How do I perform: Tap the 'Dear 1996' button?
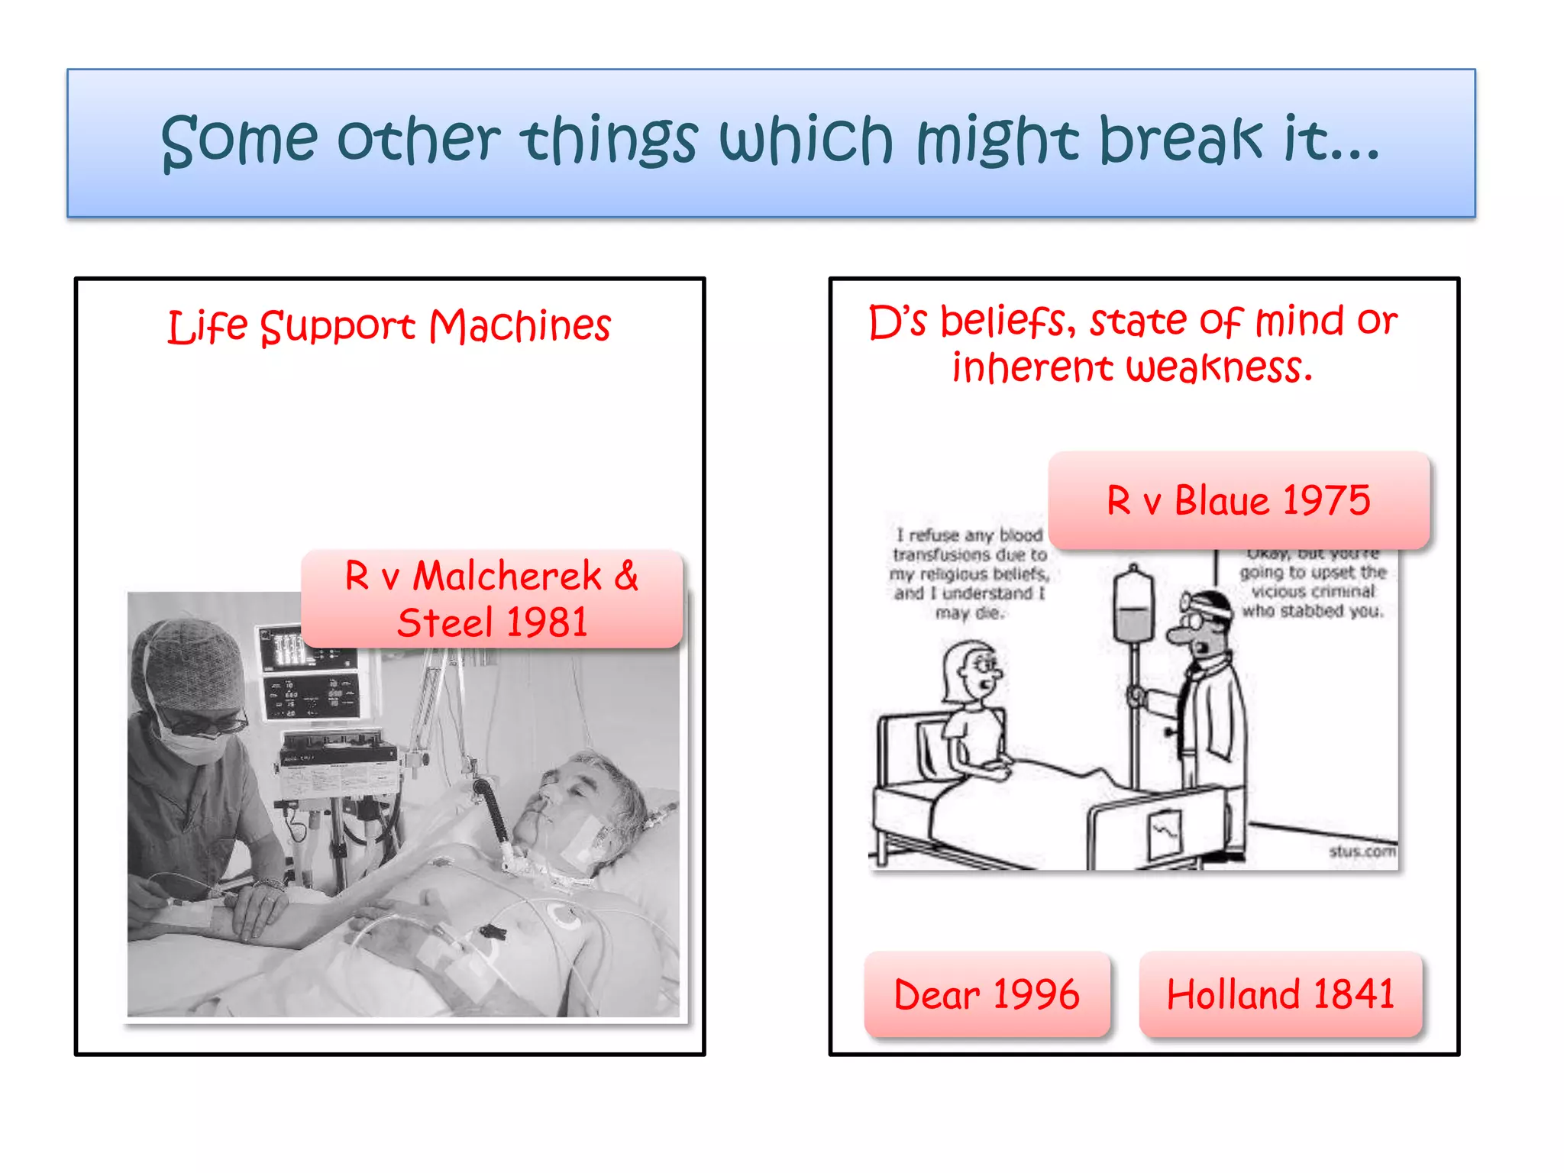[x=986, y=994]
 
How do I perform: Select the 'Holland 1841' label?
[x=1280, y=994]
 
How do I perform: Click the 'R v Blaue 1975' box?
[x=1238, y=500]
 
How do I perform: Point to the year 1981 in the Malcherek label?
[x=547, y=622]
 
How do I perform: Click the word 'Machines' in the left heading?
[x=519, y=326]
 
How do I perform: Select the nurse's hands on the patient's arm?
[x=252, y=909]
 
